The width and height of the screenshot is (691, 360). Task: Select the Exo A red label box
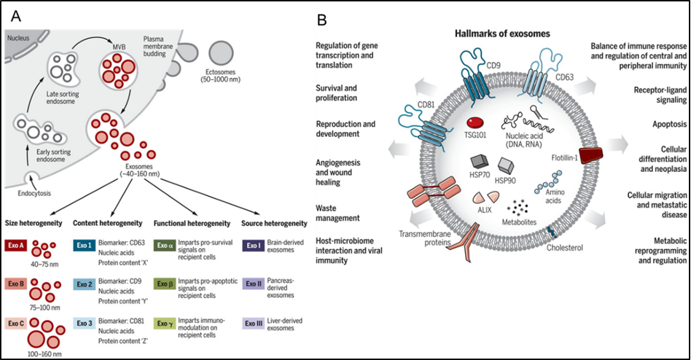16,246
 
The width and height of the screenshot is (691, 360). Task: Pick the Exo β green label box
165,283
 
